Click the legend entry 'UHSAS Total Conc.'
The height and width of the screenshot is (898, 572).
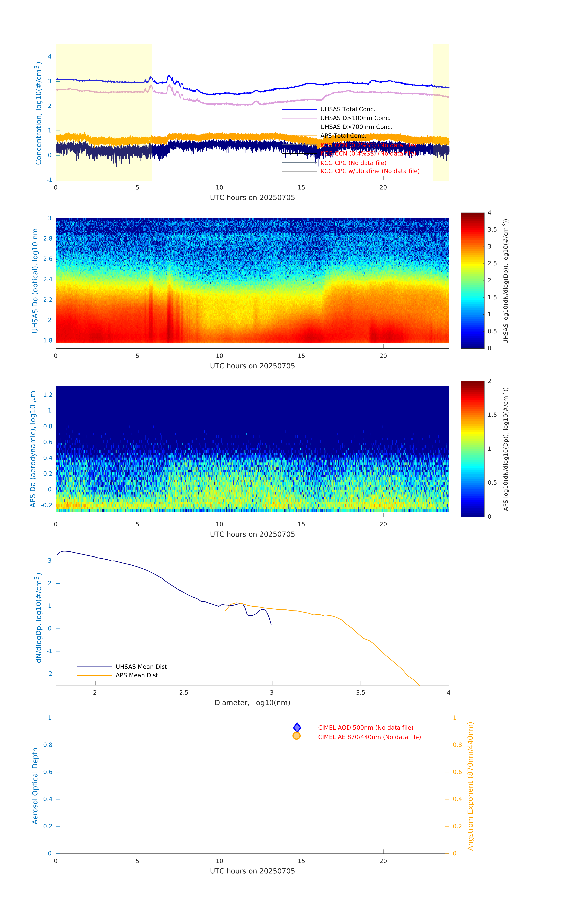point(347,109)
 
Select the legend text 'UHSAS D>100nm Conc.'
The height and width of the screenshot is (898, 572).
point(355,118)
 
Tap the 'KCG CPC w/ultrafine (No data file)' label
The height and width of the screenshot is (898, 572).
point(370,171)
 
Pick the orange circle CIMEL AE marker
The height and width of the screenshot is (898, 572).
point(297,736)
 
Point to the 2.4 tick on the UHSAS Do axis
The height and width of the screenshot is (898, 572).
point(48,279)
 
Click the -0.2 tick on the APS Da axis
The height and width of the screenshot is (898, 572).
point(47,505)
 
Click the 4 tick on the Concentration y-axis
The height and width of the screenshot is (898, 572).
point(49,57)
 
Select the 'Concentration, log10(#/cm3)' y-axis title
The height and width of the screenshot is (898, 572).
point(38,113)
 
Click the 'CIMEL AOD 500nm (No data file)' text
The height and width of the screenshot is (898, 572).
point(366,728)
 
